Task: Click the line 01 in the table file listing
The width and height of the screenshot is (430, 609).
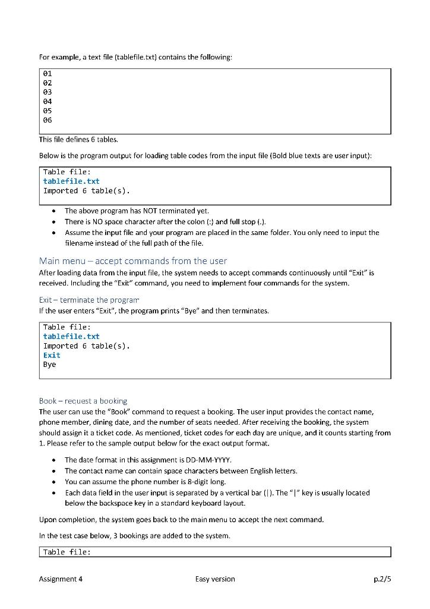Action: [48, 74]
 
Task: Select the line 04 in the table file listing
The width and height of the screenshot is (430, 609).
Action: [48, 102]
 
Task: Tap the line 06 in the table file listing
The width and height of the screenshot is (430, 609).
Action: [48, 120]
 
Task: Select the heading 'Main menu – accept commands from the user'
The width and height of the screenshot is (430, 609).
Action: [132, 260]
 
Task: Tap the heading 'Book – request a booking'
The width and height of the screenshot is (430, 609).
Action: [83, 401]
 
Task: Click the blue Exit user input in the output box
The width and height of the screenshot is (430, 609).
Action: [52, 355]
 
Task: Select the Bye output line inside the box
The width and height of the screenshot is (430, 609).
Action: [49, 365]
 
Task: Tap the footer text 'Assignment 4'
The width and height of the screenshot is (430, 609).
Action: [61, 579]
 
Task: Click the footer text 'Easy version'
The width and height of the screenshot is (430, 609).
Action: [214, 579]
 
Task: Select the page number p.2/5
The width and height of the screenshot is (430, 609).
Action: [380, 579]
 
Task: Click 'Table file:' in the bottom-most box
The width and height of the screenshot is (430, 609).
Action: [67, 553]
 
